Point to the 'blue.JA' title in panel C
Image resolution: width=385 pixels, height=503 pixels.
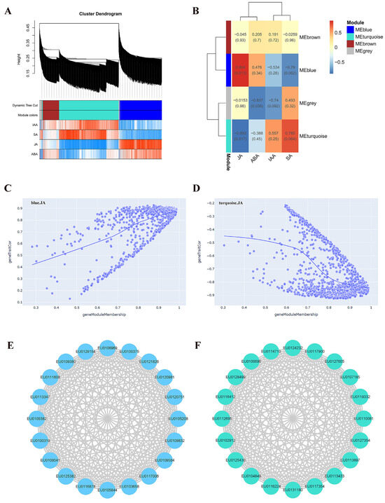click(41, 203)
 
